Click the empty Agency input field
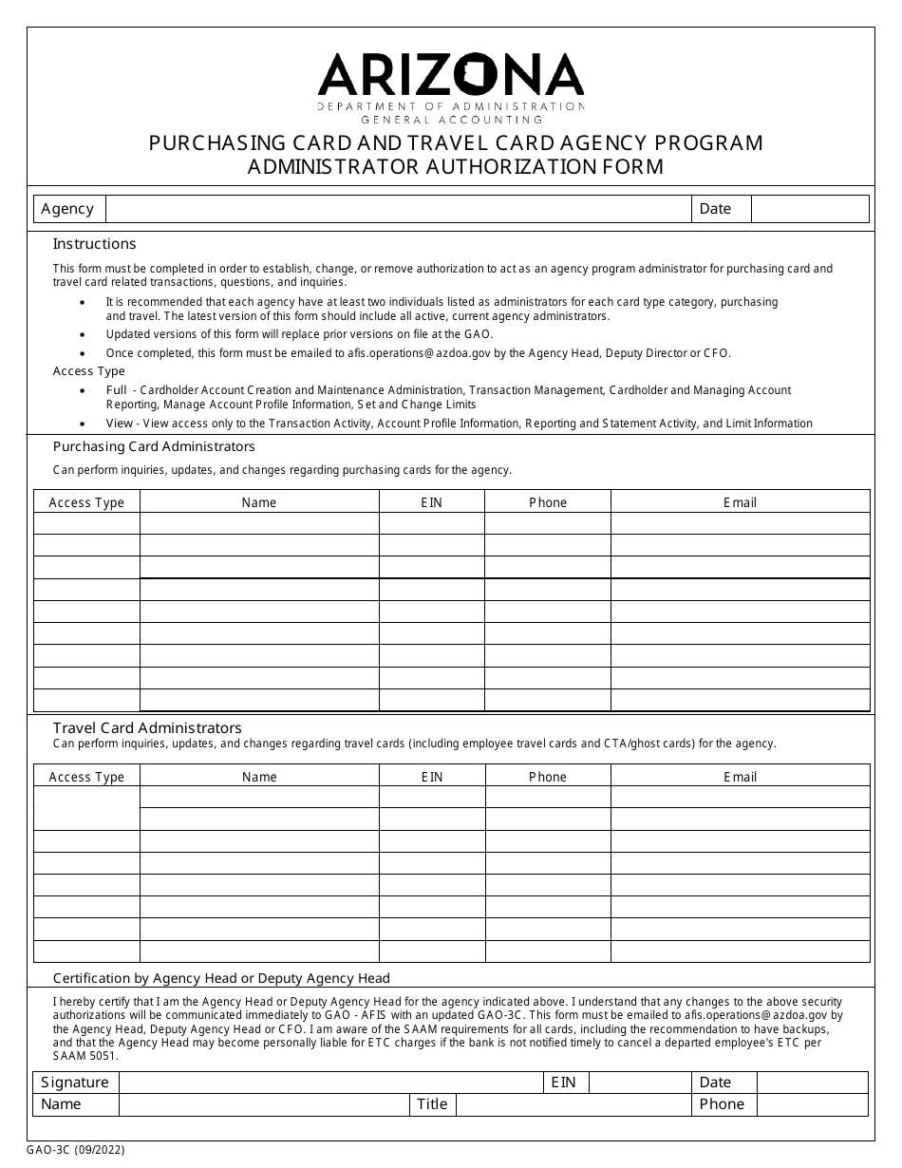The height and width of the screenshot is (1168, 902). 398,209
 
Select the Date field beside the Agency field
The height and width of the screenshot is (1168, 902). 809,209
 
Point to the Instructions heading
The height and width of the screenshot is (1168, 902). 94,244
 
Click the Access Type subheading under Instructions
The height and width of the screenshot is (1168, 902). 88,371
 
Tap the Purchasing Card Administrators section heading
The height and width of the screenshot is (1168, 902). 154,446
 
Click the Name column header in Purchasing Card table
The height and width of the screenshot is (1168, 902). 259,502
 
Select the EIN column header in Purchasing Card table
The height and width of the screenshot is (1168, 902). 432,502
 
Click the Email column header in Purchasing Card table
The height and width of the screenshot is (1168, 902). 740,502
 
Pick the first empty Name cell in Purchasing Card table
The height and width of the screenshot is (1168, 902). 259,523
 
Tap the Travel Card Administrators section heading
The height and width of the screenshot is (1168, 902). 147,727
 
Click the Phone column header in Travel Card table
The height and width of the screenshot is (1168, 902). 547,777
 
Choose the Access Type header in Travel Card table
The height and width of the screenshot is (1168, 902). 86,777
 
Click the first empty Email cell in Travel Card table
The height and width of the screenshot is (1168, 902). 740,797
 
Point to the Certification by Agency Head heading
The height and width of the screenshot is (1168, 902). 221,978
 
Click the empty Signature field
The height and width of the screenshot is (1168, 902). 330,1083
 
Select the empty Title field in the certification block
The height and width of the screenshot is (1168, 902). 573,1104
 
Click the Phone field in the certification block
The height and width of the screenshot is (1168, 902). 812,1104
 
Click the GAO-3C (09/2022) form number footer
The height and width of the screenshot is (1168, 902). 75,1150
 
